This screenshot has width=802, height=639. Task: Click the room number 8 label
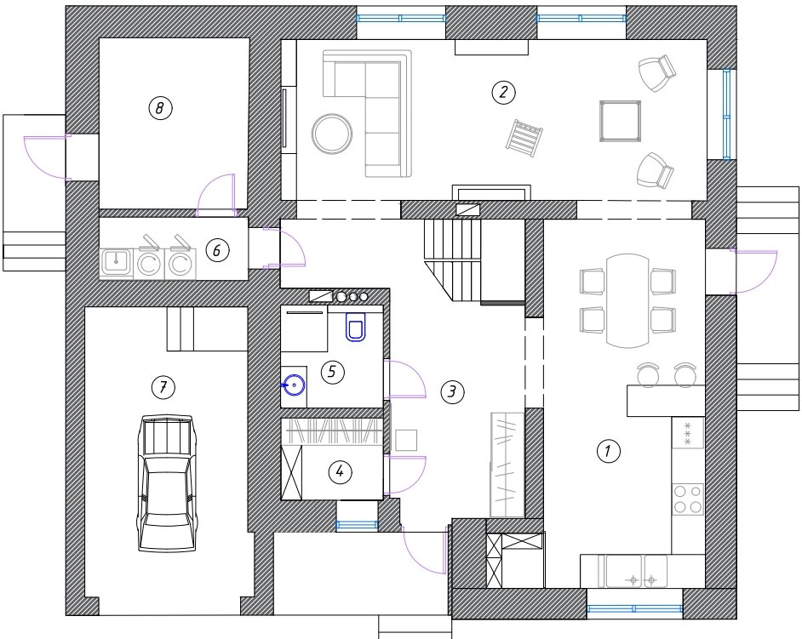click(160, 108)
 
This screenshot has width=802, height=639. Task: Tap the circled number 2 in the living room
click(503, 93)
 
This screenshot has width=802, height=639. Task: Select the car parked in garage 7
click(167, 483)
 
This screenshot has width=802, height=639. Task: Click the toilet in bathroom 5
click(356, 327)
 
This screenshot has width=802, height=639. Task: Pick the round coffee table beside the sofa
click(332, 134)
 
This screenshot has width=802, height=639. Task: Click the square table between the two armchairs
click(621, 121)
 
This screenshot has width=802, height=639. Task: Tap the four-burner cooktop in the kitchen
click(688, 499)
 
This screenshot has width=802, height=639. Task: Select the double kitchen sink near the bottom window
click(636, 571)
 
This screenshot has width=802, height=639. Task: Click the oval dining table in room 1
click(627, 300)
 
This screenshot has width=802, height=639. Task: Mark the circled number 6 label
click(217, 250)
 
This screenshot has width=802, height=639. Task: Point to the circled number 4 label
click(341, 471)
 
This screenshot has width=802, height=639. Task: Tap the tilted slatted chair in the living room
click(524, 138)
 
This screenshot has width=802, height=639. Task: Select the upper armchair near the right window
click(657, 72)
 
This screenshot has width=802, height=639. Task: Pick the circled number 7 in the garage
click(163, 387)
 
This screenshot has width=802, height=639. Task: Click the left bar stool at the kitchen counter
click(648, 374)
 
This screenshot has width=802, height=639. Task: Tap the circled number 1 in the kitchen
click(608, 452)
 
